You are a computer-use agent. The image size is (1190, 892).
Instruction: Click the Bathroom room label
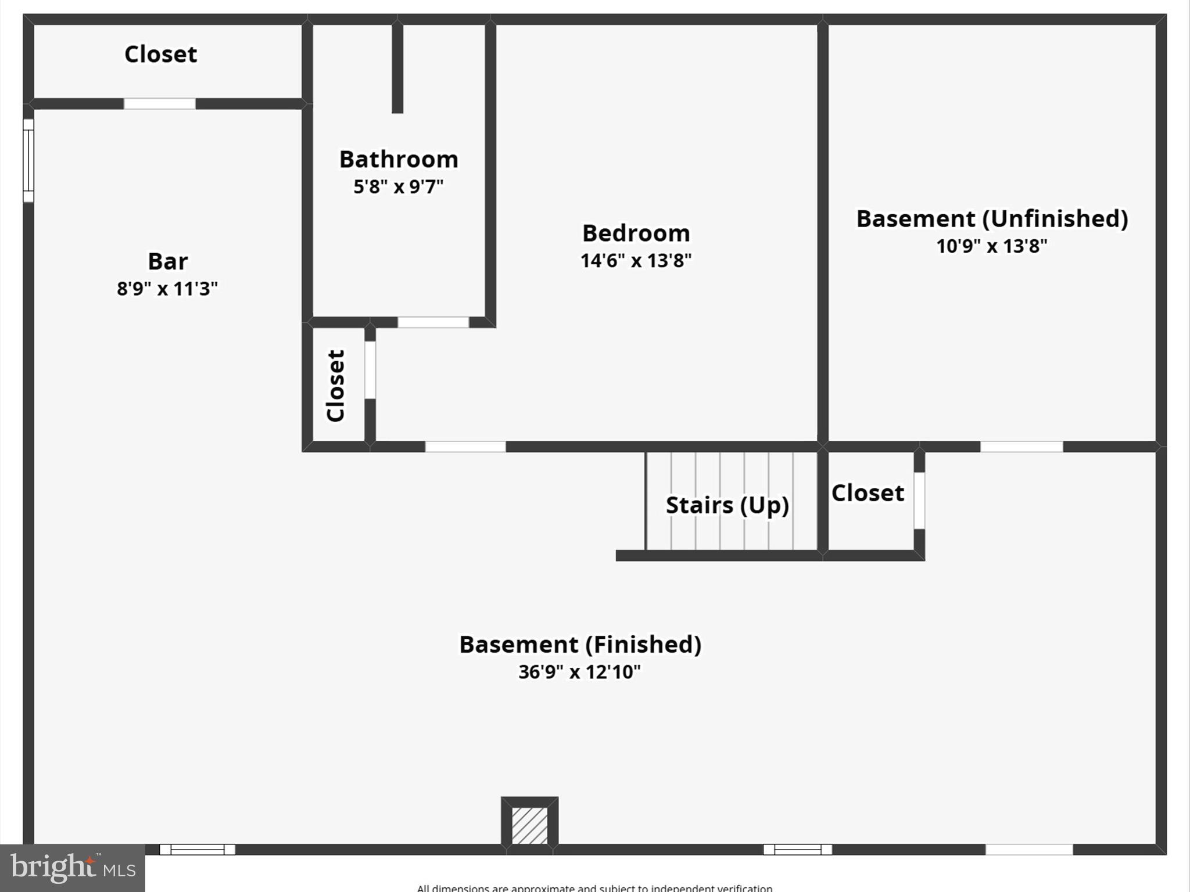pyautogui.click(x=399, y=159)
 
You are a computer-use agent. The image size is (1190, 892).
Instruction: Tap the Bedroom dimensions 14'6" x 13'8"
pyautogui.click(x=636, y=261)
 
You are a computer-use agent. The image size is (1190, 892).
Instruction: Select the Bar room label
pyautogui.click(x=167, y=261)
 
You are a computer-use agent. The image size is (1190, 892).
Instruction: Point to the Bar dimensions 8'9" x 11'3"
pyautogui.click(x=167, y=289)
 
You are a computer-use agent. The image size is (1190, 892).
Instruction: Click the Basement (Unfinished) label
pyautogui.click(x=992, y=219)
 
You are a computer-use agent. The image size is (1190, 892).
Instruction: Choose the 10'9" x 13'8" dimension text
pyautogui.click(x=992, y=246)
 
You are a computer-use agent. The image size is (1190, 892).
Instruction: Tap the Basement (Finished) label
pyautogui.click(x=580, y=645)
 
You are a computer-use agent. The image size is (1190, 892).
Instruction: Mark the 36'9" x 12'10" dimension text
pyautogui.click(x=580, y=672)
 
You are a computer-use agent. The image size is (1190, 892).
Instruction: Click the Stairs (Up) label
pyautogui.click(x=727, y=505)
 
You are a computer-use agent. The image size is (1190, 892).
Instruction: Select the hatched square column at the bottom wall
pyautogui.click(x=529, y=825)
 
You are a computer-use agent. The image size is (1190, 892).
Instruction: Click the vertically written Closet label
pyautogui.click(x=336, y=386)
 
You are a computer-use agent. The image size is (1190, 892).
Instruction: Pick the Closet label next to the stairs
pyautogui.click(x=868, y=493)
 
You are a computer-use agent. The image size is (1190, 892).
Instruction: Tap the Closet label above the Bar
pyautogui.click(x=160, y=54)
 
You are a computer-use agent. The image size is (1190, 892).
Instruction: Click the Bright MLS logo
pyautogui.click(x=72, y=868)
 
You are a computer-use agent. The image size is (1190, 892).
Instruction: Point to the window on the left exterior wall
pyautogui.click(x=28, y=160)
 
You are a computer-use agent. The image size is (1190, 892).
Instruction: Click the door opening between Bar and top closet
pyautogui.click(x=160, y=104)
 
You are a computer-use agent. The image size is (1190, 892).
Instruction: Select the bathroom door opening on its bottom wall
pyautogui.click(x=433, y=322)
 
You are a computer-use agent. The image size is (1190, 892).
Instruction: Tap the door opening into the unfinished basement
pyautogui.click(x=1021, y=447)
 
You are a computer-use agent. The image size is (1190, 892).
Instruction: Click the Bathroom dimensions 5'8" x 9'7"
pyautogui.click(x=399, y=187)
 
